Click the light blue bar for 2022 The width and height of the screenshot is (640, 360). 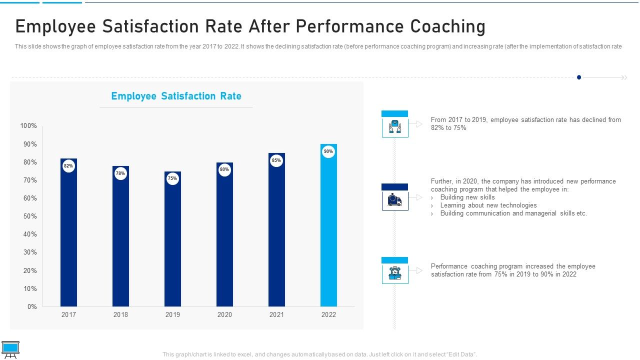click(328, 230)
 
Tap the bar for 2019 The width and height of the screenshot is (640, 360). click(172, 245)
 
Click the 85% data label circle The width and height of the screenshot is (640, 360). click(276, 160)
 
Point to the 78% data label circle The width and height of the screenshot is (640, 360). click(120, 173)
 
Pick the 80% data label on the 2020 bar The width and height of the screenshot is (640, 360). click(224, 170)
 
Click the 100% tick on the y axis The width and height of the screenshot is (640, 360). click(28, 126)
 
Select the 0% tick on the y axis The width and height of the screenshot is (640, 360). click(32, 307)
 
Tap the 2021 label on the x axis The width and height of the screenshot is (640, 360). click(276, 314)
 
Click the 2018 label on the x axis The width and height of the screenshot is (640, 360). click(120, 314)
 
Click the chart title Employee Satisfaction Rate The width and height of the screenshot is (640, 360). click(176, 96)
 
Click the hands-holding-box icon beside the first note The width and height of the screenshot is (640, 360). click(395, 127)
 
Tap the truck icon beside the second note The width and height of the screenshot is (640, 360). click(395, 200)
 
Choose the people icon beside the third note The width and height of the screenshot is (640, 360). click(395, 273)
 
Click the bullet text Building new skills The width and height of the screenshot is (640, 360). click(467, 197)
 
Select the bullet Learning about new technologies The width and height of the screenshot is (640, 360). click(488, 205)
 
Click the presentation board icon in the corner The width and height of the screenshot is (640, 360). click(10, 349)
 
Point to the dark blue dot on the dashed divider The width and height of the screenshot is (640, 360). click(579, 77)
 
